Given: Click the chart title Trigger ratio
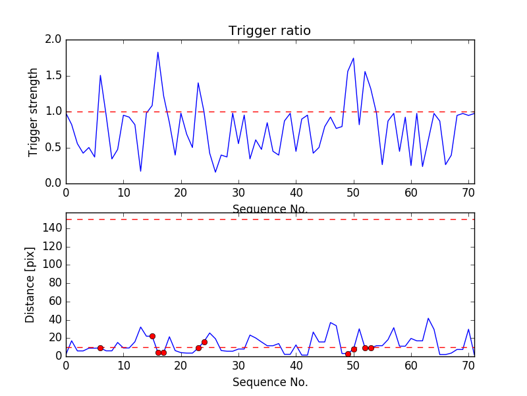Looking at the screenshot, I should pyautogui.click(x=269, y=31).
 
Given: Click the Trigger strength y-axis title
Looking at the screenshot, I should pyautogui.click(x=34, y=112).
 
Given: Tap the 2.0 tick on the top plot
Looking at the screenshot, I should pyautogui.click(x=53, y=40).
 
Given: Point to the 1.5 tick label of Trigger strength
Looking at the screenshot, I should pyautogui.click(x=53, y=76).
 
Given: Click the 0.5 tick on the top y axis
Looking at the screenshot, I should pyautogui.click(x=53, y=147).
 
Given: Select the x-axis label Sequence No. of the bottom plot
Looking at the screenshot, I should pyautogui.click(x=269, y=382).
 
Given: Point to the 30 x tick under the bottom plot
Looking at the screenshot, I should pyautogui.click(x=238, y=365).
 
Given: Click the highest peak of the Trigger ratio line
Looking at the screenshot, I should pyautogui.click(x=158, y=52).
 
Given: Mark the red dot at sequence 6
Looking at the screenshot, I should pyautogui.click(x=100, y=348).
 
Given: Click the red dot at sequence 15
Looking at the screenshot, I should pyautogui.click(x=152, y=336).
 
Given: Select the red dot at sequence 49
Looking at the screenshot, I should pyautogui.click(x=348, y=354).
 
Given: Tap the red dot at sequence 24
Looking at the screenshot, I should pyautogui.click(x=204, y=342).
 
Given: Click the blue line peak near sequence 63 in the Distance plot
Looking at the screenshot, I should pyautogui.click(x=428, y=318).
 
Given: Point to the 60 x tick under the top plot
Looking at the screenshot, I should pyautogui.click(x=411, y=193).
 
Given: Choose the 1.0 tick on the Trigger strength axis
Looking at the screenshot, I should pyautogui.click(x=53, y=112).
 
